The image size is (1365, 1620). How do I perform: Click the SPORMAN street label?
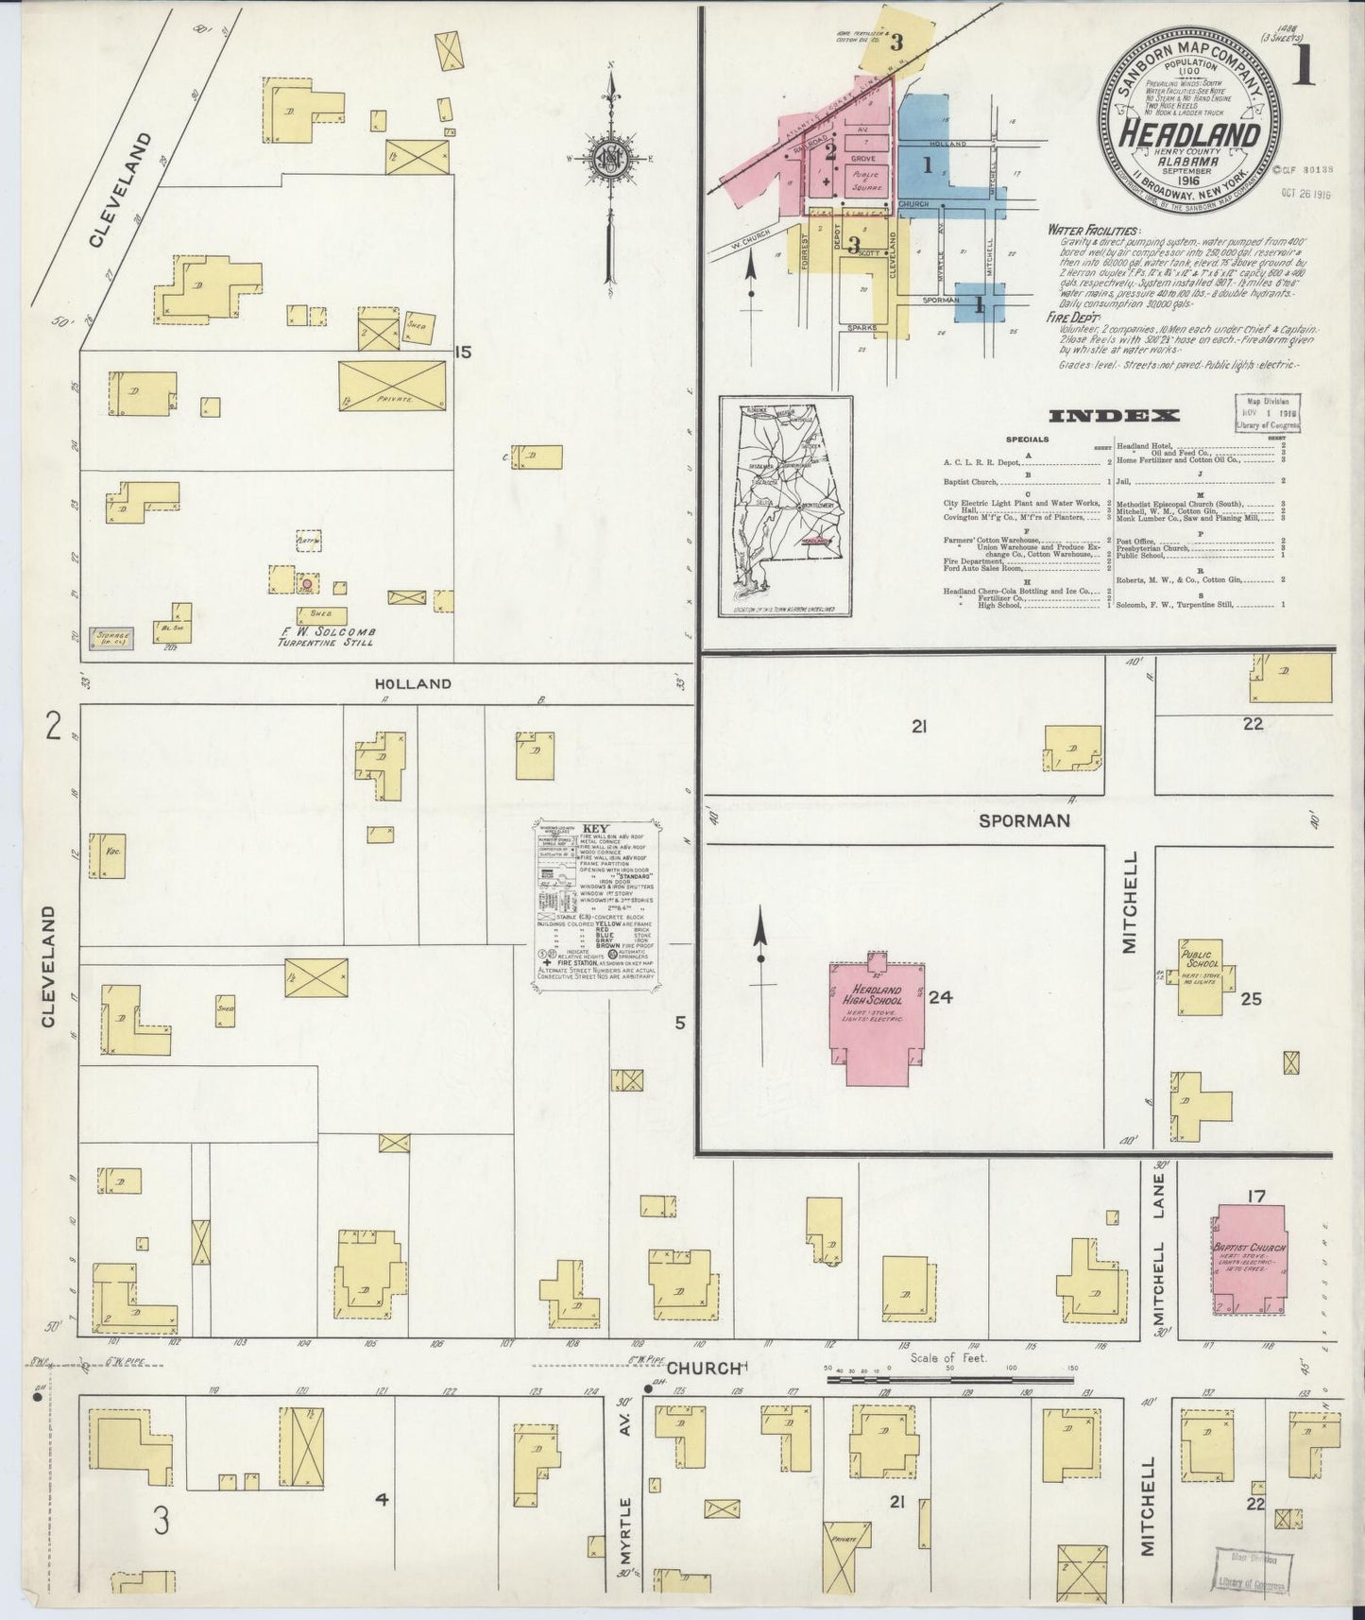(x=1024, y=820)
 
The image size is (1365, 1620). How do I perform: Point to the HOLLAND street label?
(x=412, y=683)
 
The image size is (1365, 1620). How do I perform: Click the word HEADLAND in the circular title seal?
(x=1189, y=134)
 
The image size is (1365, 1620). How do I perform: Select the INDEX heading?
(x=1114, y=415)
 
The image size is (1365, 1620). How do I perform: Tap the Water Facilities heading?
(x=1092, y=230)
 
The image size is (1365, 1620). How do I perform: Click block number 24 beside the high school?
(x=939, y=998)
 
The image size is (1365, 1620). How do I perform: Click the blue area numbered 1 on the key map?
(x=927, y=166)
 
